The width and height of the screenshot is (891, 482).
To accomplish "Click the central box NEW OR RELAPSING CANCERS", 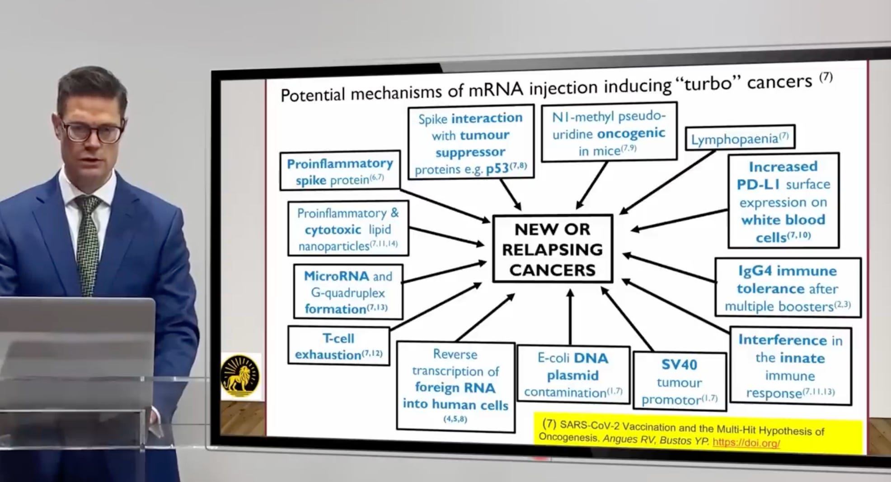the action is coord(552,249).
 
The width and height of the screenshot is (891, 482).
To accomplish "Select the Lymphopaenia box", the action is coord(740,138).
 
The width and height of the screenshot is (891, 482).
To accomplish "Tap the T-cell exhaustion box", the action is coord(338,346).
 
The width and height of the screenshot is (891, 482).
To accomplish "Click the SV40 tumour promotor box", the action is coord(680,382).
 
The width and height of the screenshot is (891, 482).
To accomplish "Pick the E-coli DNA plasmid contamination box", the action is coord(573,375).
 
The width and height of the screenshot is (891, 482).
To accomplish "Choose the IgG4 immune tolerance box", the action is coord(788,288).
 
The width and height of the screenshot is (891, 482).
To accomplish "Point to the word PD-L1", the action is coord(759,184).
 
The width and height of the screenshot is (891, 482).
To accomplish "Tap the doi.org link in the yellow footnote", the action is coord(746,443).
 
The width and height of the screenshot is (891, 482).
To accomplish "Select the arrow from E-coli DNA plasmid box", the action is coord(570,317).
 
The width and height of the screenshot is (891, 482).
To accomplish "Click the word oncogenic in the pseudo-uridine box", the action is coord(631,133).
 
